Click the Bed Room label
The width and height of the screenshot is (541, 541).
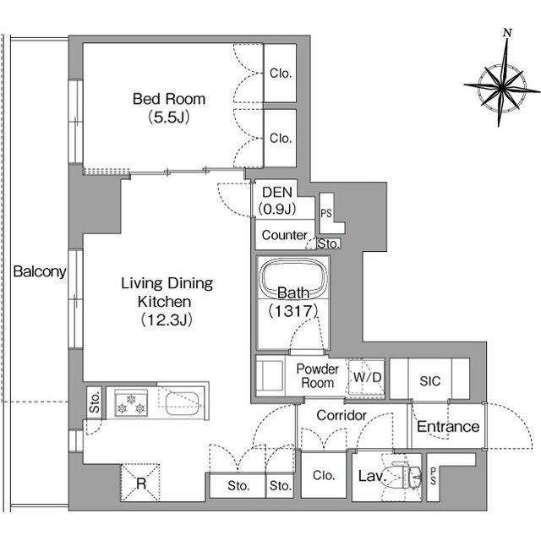pos(169,108)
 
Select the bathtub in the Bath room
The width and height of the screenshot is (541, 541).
pos(293,278)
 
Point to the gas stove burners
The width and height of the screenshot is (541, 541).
pos(131,403)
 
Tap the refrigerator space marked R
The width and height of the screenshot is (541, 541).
pos(140,483)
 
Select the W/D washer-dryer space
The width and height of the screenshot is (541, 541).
pos(366,378)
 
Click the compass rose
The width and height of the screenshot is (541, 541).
pos(502,85)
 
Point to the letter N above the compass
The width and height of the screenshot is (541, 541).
pos(507,33)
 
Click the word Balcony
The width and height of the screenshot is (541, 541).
pos(40,271)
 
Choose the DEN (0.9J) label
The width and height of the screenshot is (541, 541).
pos(277,200)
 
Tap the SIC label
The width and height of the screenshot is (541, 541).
pos(430,381)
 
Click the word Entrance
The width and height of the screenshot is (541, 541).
pos(448,427)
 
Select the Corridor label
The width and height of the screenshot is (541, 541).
pos(342,415)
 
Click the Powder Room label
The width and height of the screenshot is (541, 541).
pos(318,376)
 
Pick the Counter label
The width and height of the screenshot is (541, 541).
pos(284,235)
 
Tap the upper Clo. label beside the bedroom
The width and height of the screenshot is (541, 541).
pos(281,74)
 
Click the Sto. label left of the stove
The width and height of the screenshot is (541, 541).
pos(95,402)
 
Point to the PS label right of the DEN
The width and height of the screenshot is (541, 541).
pos(326,213)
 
